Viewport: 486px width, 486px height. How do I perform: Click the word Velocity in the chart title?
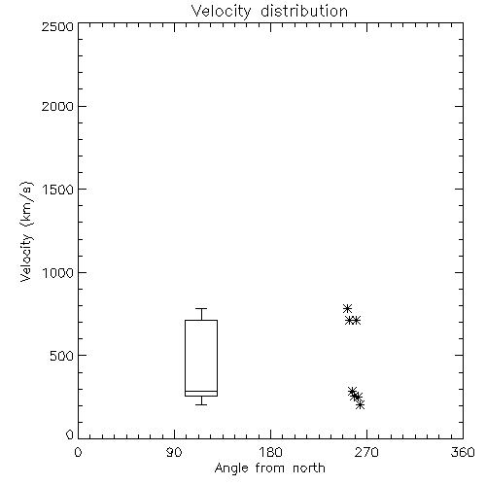(221, 12)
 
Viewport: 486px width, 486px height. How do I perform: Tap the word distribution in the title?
(304, 11)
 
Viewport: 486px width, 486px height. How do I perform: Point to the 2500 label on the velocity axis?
(57, 26)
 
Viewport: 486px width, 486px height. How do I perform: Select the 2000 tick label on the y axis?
(57, 106)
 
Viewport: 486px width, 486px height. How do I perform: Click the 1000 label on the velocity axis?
(58, 273)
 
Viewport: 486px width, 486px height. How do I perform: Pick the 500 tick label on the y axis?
(62, 356)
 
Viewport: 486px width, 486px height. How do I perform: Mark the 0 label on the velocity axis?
(70, 434)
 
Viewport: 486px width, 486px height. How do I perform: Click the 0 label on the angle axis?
(78, 452)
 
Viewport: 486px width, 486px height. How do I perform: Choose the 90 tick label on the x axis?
(174, 452)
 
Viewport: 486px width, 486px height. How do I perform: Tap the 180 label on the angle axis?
(270, 452)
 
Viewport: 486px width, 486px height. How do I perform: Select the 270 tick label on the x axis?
(366, 452)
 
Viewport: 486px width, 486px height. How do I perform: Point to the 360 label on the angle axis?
(463, 452)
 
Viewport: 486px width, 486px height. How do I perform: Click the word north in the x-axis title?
(309, 469)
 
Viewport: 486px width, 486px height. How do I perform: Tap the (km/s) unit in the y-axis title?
(26, 204)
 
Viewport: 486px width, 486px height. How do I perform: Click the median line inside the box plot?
(201, 391)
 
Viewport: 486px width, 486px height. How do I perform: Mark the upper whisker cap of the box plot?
(201, 308)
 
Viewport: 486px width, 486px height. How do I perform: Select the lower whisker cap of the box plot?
(201, 404)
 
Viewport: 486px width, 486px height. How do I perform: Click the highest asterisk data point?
(347, 308)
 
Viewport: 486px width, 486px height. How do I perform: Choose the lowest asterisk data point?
(360, 404)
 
